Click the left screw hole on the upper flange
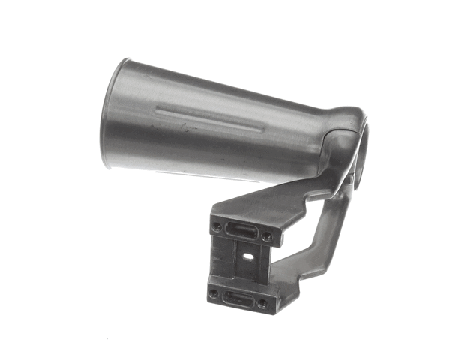coord(217,225)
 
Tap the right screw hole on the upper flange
coord(267,235)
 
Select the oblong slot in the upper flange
coord(241,230)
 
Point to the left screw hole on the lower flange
coord(213,293)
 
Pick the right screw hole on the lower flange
coord(262,303)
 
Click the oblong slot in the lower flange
coord(237,298)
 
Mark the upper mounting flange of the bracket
coord(241,230)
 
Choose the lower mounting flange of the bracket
coord(237,298)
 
